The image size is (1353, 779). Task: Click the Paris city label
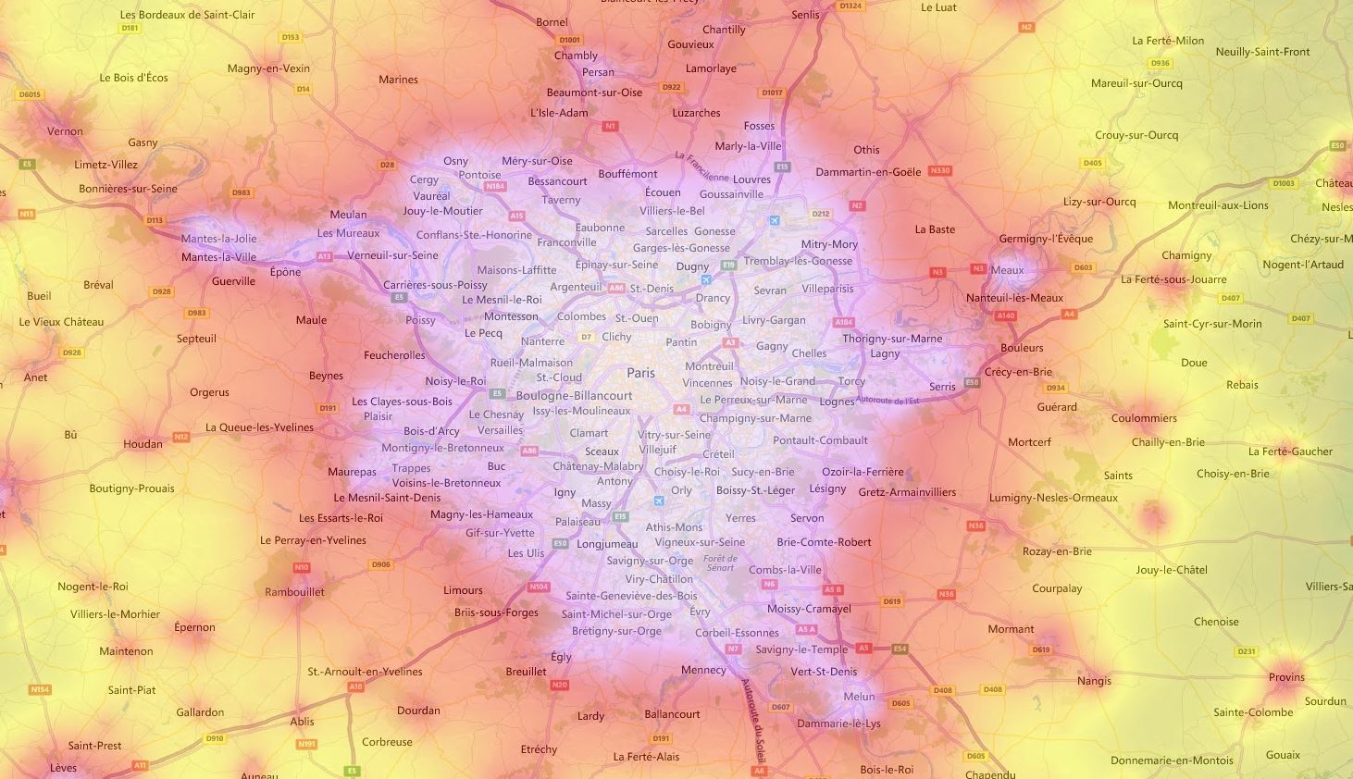(x=640, y=373)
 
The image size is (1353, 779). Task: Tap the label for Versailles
(x=500, y=430)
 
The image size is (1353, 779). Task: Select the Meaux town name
(x=1007, y=270)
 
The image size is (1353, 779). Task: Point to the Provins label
(x=1286, y=677)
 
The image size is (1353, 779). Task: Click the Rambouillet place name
(x=294, y=592)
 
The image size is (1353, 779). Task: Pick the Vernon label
(x=65, y=131)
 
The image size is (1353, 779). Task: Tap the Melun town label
(x=859, y=697)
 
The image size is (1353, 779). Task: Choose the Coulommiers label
(x=1144, y=418)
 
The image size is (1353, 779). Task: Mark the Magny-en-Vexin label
(x=268, y=68)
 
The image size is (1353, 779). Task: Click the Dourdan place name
(x=418, y=711)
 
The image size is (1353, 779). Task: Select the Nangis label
(x=1094, y=681)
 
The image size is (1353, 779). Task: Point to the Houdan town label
(x=143, y=444)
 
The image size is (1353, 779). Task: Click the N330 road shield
(x=939, y=171)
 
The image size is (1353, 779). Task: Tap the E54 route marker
(x=900, y=649)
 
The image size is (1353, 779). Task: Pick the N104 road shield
(x=538, y=587)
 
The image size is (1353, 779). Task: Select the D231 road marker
(x=1247, y=651)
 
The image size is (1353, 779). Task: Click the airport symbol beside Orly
(x=659, y=501)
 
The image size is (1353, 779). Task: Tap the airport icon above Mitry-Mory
(x=775, y=220)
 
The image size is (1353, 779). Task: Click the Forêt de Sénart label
(x=720, y=563)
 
